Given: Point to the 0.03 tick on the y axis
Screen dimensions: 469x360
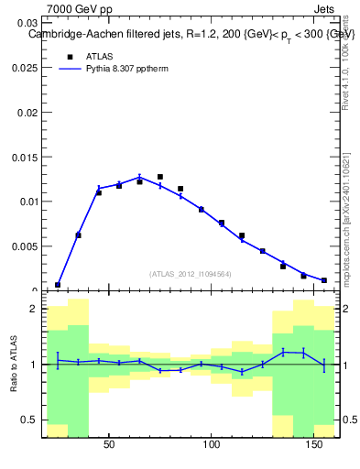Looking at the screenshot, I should [27, 23].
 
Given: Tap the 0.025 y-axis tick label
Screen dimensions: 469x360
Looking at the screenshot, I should [24, 68].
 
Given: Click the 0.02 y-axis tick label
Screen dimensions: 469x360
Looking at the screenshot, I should [27, 112].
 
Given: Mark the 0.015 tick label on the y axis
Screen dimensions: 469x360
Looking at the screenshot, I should [24, 157].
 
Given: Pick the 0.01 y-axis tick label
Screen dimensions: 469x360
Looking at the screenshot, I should [27, 202].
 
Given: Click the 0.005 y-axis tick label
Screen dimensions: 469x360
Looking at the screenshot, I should [24, 245].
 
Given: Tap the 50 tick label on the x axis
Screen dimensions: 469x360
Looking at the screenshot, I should [109, 444].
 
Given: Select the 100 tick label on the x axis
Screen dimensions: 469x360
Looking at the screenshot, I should [212, 444].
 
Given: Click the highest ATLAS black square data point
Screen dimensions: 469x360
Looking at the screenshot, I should [160, 177].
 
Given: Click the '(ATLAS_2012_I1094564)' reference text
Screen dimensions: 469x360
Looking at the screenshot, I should [191, 274].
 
